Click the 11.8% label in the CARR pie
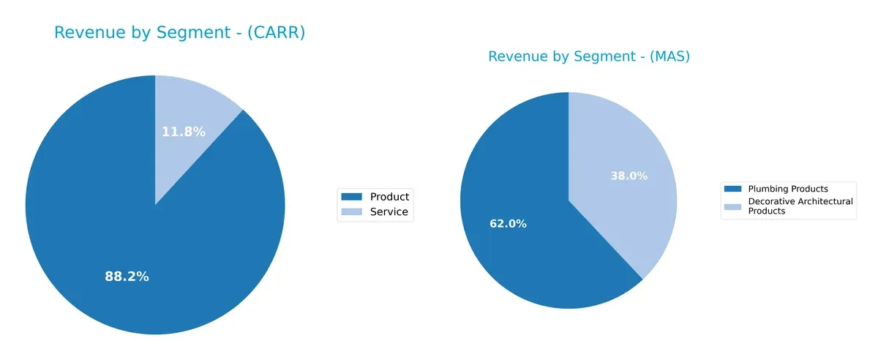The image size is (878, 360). (x=183, y=132)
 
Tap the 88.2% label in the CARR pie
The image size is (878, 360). (x=127, y=277)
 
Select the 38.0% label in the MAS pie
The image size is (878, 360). (x=629, y=176)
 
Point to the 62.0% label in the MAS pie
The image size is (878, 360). (x=508, y=224)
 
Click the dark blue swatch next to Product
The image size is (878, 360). (x=352, y=197)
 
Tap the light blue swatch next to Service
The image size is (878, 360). (x=352, y=213)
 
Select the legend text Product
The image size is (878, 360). (x=389, y=197)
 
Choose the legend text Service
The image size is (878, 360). (x=389, y=213)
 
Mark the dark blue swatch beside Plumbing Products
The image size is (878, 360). (x=732, y=189)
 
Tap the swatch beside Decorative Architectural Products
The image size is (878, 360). (x=732, y=206)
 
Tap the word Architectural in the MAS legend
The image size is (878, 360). (x=825, y=201)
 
